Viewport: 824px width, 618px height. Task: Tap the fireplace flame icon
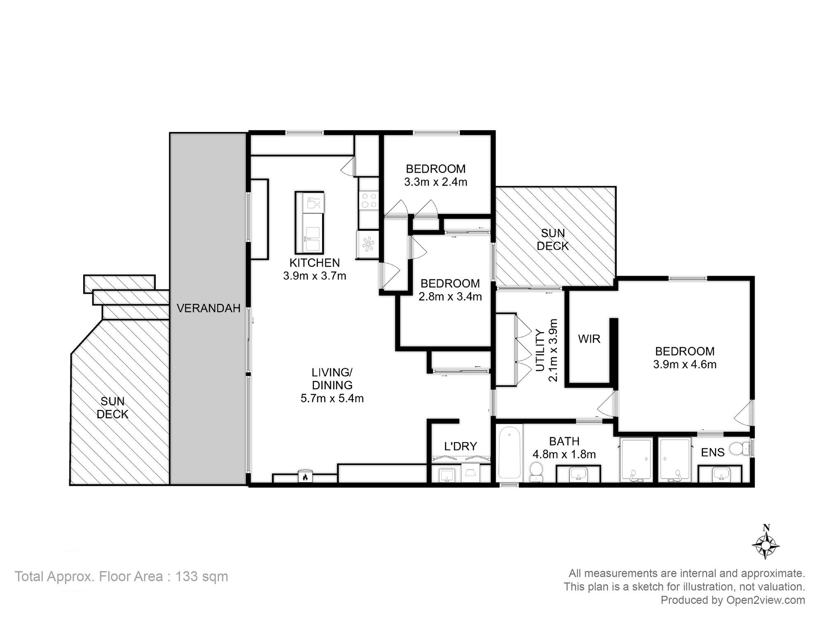coord(305,477)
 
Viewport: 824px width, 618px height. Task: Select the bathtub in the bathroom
coord(510,452)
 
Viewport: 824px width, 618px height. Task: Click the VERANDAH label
coord(208,308)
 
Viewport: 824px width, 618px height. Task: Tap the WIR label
coord(589,339)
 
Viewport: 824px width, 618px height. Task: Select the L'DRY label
coord(460,446)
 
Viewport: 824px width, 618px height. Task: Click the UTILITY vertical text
coord(540,350)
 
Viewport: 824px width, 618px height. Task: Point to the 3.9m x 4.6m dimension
coord(685,365)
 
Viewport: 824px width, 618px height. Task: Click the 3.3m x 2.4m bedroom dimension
coord(435,182)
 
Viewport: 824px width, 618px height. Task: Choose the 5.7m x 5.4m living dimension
coord(332,398)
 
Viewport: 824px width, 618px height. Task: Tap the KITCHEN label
coord(314,263)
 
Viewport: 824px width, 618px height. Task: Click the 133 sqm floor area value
coord(201,576)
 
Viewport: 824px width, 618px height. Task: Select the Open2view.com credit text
coord(765,600)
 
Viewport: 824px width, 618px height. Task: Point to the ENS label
coord(713,452)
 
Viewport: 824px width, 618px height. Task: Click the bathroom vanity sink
coord(578,474)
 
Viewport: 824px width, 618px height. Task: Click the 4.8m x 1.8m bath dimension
coord(564,454)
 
